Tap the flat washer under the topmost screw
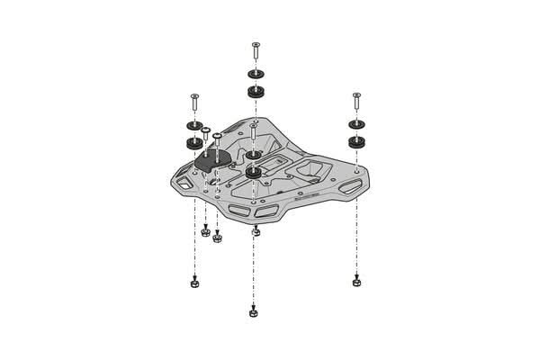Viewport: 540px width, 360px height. click(256, 74)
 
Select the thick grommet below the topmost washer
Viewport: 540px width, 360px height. click(256, 91)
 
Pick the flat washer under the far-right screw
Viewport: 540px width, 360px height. click(356, 124)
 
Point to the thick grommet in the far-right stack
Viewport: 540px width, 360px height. click(356, 141)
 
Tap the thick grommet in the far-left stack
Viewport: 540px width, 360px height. click(193, 142)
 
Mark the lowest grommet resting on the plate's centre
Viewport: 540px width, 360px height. click(254, 171)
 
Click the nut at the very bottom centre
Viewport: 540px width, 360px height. click(254, 313)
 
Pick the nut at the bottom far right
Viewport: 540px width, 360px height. click(357, 282)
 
